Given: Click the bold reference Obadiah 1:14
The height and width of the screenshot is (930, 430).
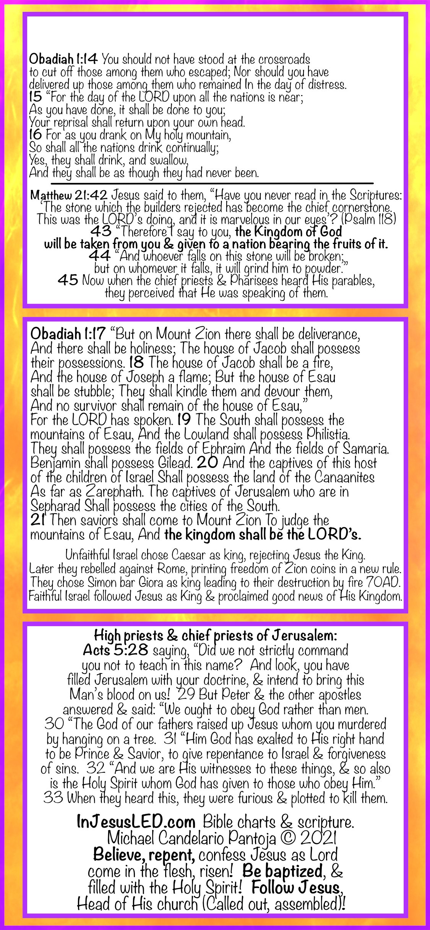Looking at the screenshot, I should (x=63, y=59).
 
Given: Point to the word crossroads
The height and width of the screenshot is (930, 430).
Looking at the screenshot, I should (x=284, y=60).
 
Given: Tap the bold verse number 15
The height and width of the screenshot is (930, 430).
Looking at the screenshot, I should (x=36, y=97).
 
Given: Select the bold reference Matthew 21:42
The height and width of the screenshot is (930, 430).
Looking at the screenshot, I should (x=69, y=195).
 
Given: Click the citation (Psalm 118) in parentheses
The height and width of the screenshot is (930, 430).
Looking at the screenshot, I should (x=368, y=219).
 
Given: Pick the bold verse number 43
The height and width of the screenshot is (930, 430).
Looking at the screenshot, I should (x=101, y=231).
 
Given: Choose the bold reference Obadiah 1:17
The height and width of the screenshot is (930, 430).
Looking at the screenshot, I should (x=68, y=334).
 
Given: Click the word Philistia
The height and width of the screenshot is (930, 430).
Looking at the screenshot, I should (x=328, y=434).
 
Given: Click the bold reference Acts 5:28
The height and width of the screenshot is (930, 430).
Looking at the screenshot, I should (x=115, y=650).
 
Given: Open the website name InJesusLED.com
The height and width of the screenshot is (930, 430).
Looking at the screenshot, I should (x=136, y=822).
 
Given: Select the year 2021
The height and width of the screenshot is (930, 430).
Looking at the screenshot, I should (x=318, y=838).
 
